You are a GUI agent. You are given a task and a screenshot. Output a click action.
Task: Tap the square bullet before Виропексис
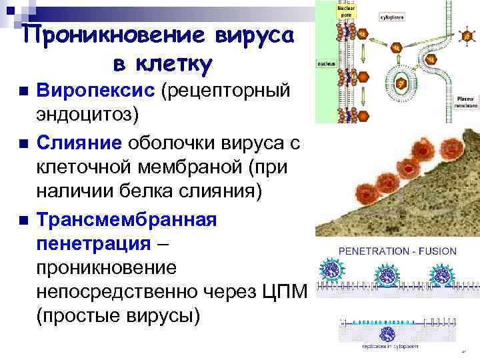[24, 91]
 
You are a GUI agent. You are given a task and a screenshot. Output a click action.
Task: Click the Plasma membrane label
[466, 101]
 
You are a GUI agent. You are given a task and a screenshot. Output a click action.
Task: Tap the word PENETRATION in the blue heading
[370, 251]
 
